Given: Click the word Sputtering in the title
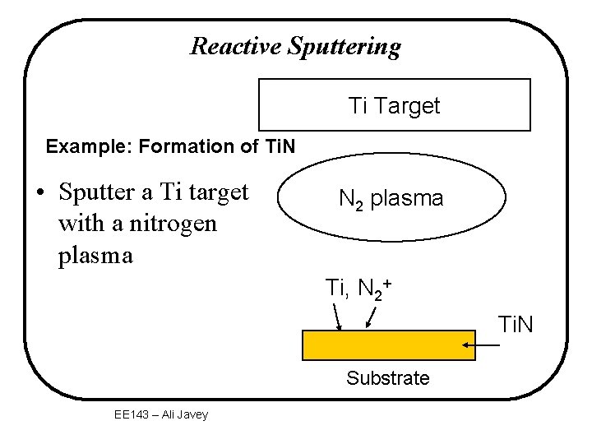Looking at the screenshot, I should point(345,47).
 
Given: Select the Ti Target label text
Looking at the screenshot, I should point(394,106).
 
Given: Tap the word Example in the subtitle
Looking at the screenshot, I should point(82,147).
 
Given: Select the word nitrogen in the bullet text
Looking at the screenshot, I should point(173,224).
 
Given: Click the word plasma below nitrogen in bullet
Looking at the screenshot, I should point(95,255).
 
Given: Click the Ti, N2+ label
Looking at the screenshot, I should point(358,289).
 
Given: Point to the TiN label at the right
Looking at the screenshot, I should point(515,326).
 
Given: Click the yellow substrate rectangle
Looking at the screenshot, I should point(388,345).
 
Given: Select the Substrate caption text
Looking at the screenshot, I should point(387,378).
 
